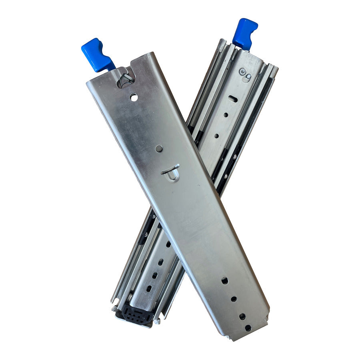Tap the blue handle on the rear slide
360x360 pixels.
[244, 33]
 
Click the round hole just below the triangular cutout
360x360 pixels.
[134, 97]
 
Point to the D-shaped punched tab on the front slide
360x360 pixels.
[171, 173]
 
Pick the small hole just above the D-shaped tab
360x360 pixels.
[159, 149]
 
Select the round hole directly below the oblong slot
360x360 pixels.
[226, 115]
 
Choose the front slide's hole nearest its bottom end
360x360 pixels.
[248, 328]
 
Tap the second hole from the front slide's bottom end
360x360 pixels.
[242, 316]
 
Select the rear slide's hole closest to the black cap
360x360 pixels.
[149, 288]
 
